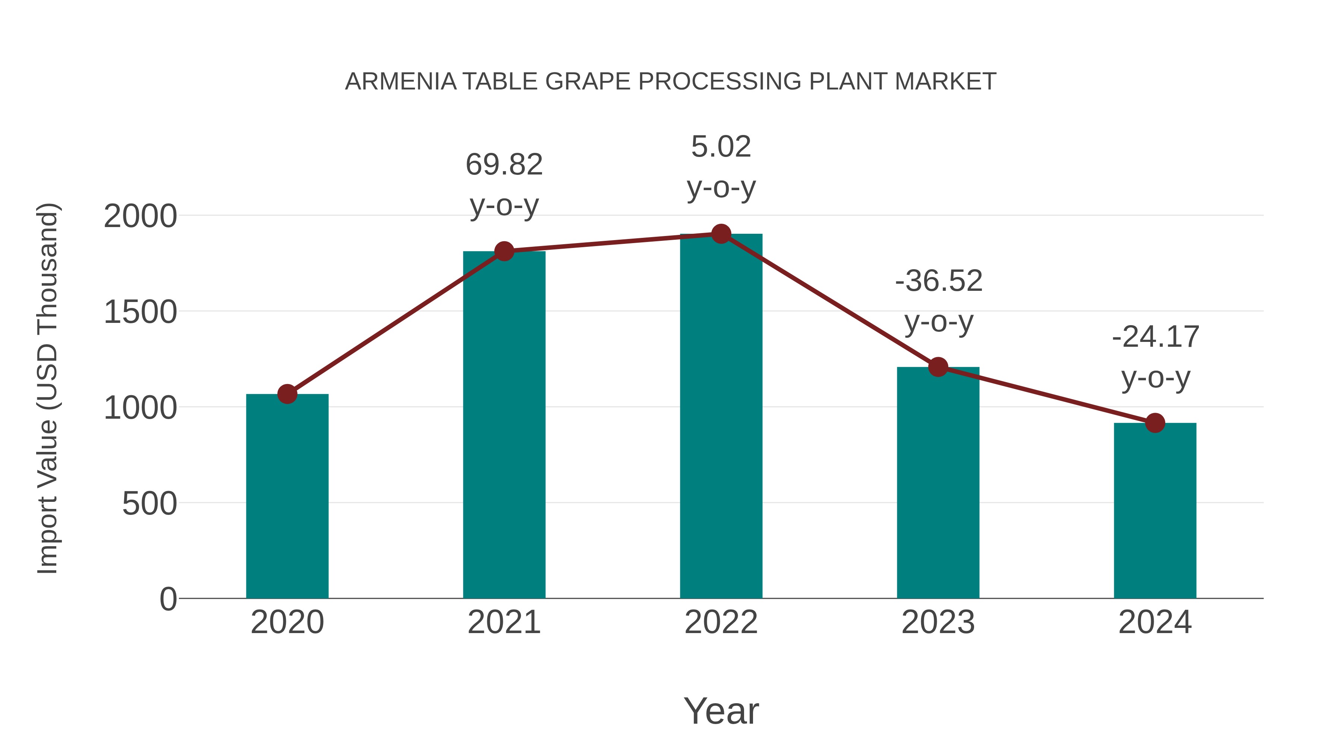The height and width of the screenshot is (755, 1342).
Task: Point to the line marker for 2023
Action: [938, 367]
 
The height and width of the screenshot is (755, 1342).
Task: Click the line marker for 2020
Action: [287, 394]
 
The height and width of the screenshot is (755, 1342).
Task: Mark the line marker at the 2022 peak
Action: [721, 234]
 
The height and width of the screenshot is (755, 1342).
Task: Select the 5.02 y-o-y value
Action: [721, 147]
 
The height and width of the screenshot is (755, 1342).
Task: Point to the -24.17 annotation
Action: [1156, 337]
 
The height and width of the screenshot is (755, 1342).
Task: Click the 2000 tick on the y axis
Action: [141, 216]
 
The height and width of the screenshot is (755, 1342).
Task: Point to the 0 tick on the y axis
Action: [168, 599]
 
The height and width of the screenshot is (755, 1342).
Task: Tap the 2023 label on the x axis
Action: [938, 622]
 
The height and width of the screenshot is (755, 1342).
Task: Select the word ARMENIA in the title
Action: [401, 82]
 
